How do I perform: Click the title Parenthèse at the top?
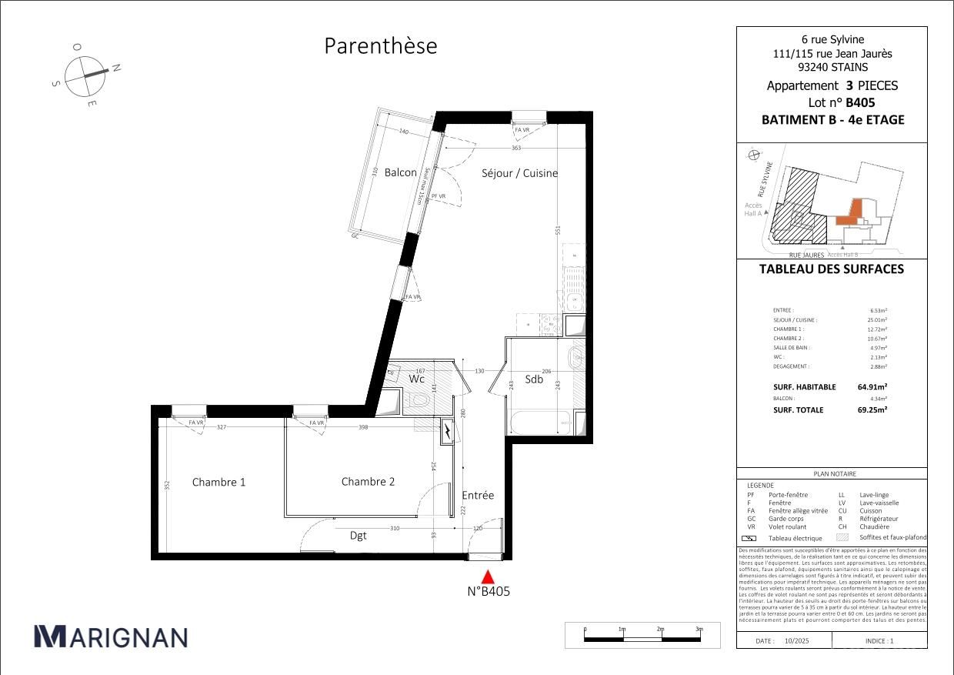click(380, 46)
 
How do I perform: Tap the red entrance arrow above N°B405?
click(488, 576)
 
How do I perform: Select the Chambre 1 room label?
click(218, 483)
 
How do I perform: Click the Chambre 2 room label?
click(368, 482)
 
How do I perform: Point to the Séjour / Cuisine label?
click(519, 173)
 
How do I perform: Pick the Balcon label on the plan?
click(400, 173)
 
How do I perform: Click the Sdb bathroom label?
click(534, 379)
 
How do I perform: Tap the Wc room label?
click(416, 379)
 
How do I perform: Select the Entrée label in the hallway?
click(478, 496)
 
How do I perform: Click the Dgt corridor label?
click(359, 536)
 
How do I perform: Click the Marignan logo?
click(111, 637)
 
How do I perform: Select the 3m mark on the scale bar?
click(699, 630)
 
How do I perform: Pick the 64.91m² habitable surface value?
click(872, 388)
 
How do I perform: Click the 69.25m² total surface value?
click(872, 410)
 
